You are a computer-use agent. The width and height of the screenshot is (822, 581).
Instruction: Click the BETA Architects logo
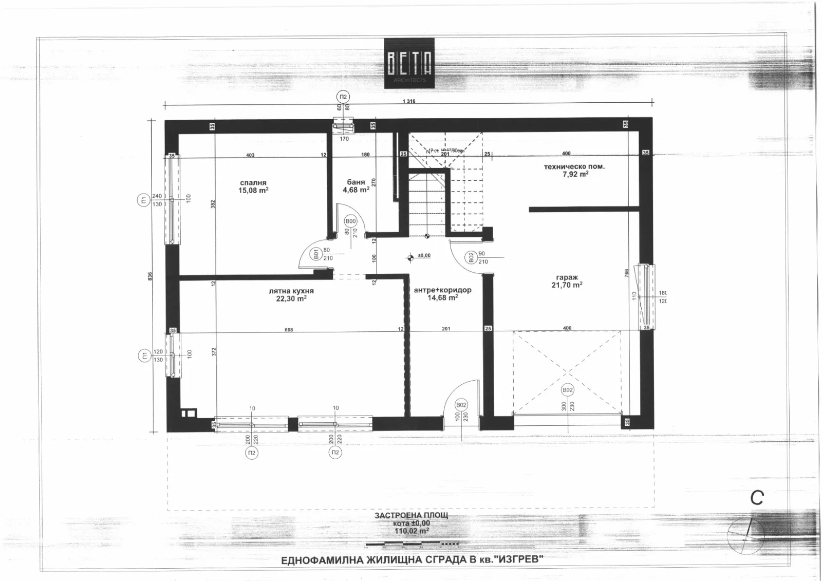[x=409, y=63]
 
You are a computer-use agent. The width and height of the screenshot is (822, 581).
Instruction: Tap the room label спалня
[x=253, y=182]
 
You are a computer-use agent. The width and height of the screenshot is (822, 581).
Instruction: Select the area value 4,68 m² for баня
[x=356, y=190]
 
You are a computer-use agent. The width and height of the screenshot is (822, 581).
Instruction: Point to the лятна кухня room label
[x=291, y=291]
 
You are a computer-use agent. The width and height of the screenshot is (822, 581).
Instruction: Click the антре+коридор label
[x=442, y=290]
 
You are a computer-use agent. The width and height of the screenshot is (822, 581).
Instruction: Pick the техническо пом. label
[x=574, y=166]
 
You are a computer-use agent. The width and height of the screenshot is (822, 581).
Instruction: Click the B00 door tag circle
[x=351, y=221]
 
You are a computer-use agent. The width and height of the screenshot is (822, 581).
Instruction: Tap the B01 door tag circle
[x=317, y=254]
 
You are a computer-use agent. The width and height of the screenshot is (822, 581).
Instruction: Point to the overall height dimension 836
[x=150, y=276]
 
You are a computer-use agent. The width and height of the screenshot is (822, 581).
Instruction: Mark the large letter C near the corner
[x=757, y=497]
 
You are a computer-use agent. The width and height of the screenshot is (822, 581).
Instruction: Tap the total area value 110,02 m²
[x=409, y=531]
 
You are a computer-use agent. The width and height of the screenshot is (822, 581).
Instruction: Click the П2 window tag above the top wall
[x=343, y=97]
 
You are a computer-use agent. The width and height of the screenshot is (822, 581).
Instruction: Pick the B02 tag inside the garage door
[x=567, y=390]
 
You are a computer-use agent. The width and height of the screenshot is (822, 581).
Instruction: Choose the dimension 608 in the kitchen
[x=289, y=330]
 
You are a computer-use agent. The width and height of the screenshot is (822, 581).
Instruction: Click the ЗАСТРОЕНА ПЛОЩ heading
[x=411, y=515]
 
